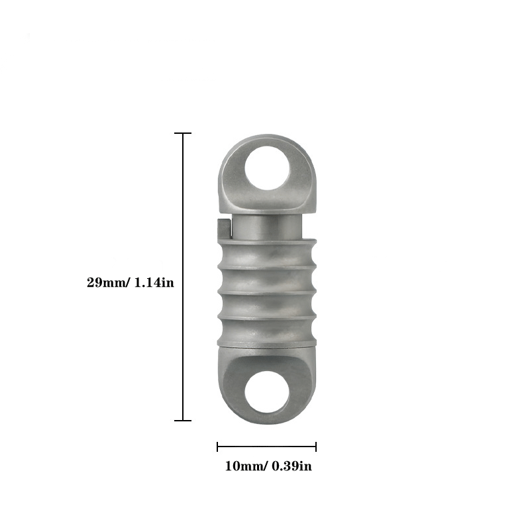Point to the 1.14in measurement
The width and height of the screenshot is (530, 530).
coord(154,282)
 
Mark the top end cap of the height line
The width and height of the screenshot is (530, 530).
coord(182,133)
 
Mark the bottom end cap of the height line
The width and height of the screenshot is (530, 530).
coord(182,420)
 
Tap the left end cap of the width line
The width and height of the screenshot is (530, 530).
coord(217,447)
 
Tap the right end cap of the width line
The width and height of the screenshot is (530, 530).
coord(316,447)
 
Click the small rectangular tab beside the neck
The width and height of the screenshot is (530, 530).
coord(223,229)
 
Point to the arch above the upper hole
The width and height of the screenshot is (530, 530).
coord(268,140)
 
